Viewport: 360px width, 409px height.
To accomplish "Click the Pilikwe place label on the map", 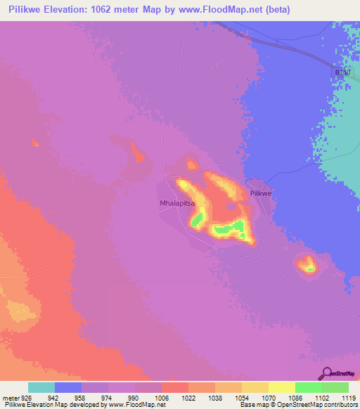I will coord(261,193).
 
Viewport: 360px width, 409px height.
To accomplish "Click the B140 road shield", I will coord(342,72).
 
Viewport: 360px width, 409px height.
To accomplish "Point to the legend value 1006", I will coord(162,397).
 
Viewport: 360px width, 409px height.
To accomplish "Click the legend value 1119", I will coord(349,397).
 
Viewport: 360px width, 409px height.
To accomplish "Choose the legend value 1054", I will coord(242,397).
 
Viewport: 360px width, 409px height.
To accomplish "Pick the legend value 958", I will coord(82,397).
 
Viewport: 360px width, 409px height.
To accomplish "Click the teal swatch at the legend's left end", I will coord(41,387).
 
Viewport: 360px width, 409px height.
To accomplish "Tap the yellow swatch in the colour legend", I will coord(282,387).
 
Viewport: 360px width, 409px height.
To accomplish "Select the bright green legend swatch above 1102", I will coord(309,387).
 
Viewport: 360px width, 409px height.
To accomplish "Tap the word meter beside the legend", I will coord(11,397).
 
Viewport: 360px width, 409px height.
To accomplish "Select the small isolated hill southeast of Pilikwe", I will coord(307,265).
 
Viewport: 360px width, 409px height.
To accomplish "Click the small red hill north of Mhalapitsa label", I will coord(191,164).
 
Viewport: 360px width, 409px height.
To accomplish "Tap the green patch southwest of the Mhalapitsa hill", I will coord(197,221).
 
